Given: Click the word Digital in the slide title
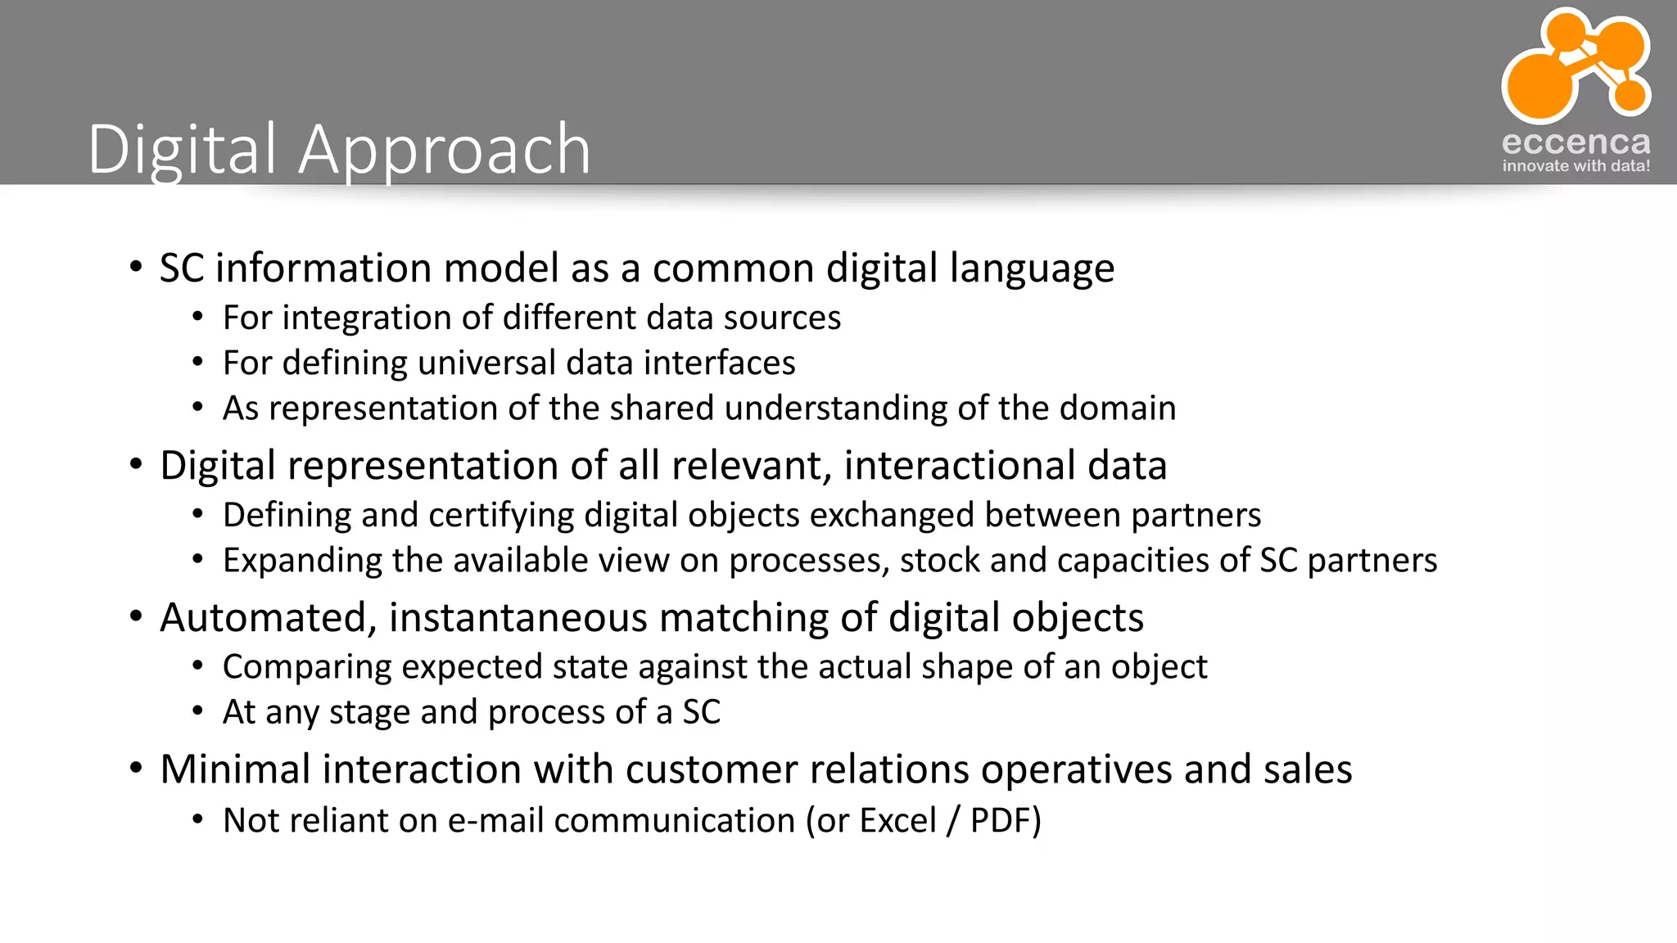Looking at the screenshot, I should click(182, 150).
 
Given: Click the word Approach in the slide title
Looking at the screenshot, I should click(445, 150).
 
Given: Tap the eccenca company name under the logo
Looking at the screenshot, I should click(1575, 142).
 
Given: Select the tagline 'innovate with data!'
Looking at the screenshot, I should click(1575, 166).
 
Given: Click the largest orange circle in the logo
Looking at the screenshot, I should click(1541, 83).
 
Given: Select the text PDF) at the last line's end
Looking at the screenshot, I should click(1005, 821).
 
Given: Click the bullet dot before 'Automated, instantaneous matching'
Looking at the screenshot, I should click(136, 616).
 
